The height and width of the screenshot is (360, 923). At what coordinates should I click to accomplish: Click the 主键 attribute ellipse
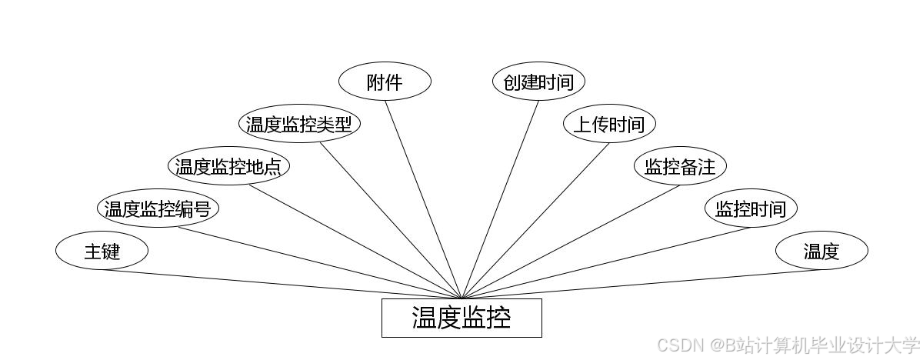102,251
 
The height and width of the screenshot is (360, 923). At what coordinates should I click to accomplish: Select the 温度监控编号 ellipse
158,208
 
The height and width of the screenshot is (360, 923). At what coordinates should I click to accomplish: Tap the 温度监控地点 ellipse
228,166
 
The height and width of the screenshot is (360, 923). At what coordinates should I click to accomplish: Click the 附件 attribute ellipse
385,82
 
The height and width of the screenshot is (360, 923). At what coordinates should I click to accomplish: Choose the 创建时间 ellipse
538,82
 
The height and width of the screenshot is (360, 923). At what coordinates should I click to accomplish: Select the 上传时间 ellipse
609,124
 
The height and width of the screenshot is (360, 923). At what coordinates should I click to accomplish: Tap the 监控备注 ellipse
680,166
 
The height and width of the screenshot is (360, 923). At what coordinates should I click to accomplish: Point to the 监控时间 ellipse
751,208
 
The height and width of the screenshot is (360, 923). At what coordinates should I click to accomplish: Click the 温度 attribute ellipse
821,251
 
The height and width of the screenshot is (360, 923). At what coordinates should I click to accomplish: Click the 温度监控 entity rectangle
461,318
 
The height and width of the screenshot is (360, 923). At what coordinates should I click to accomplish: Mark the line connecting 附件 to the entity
423,199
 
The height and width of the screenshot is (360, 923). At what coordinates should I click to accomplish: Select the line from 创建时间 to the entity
500,199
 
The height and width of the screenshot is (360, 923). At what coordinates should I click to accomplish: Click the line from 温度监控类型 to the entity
391,221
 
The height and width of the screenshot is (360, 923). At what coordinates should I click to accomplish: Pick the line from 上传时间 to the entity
535,221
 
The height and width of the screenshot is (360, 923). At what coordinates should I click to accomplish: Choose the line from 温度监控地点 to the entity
354,242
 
